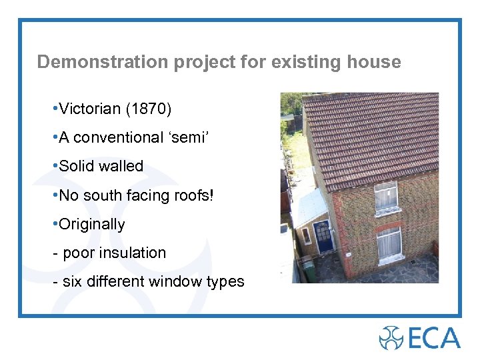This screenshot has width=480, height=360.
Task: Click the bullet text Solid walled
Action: click(101, 166)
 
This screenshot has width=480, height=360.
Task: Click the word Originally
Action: click(92, 224)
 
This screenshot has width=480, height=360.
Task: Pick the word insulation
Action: click(133, 253)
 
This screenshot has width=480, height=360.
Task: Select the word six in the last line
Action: click(71, 282)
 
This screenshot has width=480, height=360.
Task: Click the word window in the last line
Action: click(175, 282)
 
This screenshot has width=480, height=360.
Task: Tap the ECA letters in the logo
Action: click(434, 338)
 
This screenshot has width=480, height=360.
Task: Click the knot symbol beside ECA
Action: click(391, 338)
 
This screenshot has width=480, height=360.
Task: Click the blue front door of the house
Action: click(324, 237)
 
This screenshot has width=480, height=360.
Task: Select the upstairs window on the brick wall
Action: click(385, 197)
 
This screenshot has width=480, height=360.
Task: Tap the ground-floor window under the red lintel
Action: click(389, 244)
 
